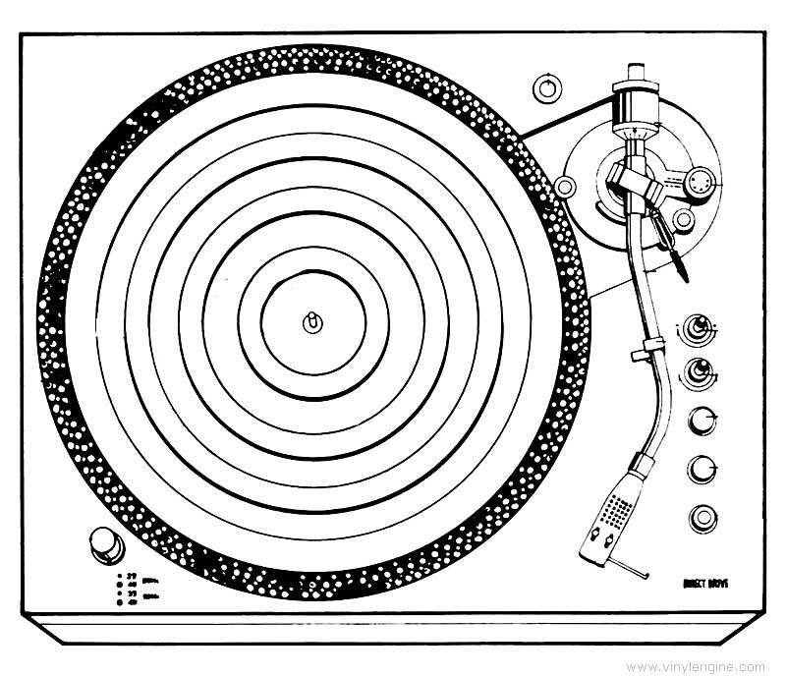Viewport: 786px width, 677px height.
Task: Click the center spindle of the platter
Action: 312,322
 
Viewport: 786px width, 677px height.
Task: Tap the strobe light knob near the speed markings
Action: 105,542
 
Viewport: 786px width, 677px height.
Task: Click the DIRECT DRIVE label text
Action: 704,581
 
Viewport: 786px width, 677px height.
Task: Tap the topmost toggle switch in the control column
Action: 701,326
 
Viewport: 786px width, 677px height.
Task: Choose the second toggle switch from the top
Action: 701,370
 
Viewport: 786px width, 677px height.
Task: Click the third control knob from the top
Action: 702,420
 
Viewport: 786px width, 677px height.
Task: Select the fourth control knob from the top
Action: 702,469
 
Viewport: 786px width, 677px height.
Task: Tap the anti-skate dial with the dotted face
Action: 699,183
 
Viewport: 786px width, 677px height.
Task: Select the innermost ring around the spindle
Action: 312,322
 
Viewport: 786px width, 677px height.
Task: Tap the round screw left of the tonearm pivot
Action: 564,186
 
